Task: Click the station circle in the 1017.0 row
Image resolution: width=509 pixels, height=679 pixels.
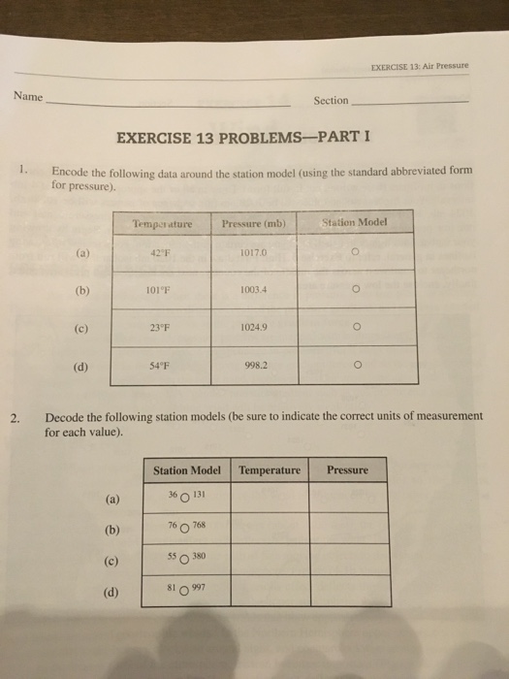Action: [357, 254]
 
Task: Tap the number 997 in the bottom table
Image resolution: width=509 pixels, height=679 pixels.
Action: [200, 586]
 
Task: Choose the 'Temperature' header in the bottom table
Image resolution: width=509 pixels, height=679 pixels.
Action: [270, 470]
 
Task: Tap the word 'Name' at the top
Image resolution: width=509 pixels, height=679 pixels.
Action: [27, 96]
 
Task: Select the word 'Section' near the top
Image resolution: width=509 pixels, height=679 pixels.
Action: [331, 101]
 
